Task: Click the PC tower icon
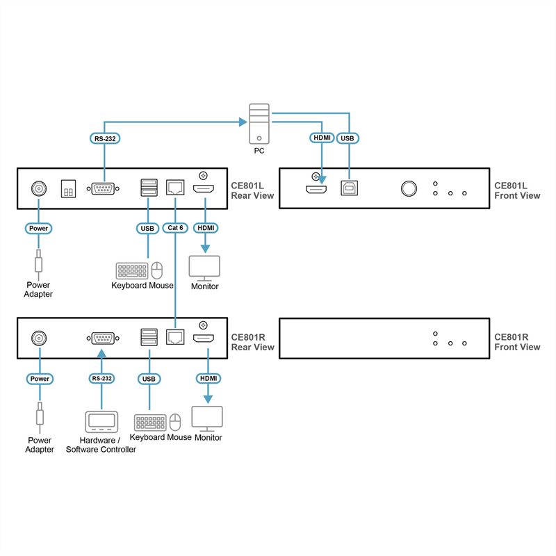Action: coord(259,122)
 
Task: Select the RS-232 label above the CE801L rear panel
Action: coord(105,138)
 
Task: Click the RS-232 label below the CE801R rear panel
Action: coord(101,379)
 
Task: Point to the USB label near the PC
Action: coord(347,138)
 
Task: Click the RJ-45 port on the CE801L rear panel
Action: coord(174,188)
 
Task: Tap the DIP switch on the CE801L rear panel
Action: coord(69,188)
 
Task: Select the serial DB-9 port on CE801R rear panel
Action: coord(102,338)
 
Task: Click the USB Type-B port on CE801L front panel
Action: coord(348,188)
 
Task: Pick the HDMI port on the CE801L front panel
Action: coord(316,189)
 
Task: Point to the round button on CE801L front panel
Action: coord(408,188)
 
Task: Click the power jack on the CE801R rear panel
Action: coord(40,338)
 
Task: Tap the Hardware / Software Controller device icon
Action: coord(101,422)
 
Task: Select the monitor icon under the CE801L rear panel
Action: coord(205,268)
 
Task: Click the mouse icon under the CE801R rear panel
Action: coord(175,422)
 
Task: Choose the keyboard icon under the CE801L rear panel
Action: coord(131,270)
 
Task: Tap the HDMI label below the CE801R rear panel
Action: coord(207,379)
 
